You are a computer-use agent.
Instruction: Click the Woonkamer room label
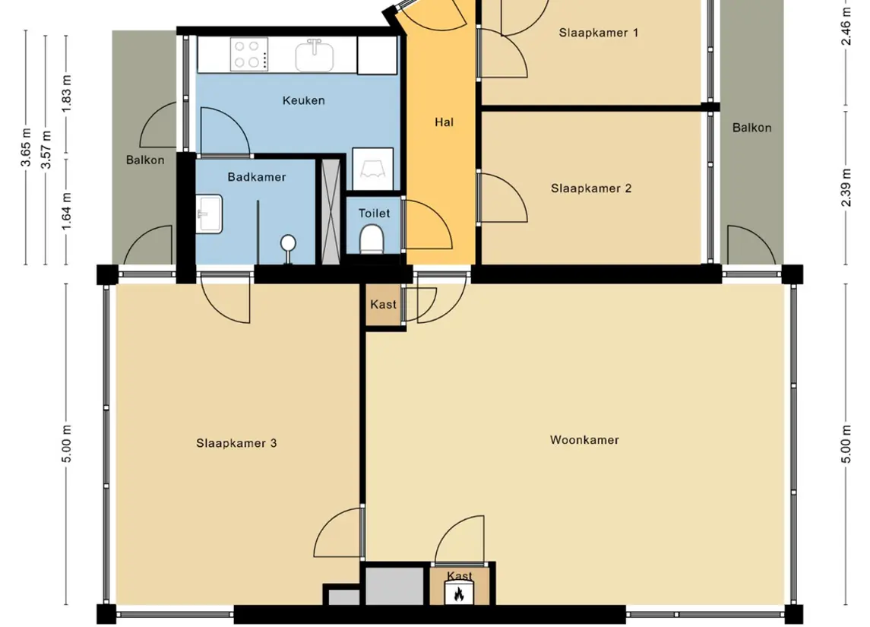point(584,440)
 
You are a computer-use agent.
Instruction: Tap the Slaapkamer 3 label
point(236,443)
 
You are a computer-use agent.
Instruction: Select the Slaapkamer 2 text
point(591,188)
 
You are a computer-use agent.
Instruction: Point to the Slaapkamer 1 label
point(598,33)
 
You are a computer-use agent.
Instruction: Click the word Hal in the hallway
point(444,122)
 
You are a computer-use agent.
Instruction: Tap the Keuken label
point(303,100)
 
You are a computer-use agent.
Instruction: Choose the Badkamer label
point(256,177)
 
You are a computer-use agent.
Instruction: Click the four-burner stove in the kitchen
point(250,55)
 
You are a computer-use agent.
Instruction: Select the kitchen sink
point(315,55)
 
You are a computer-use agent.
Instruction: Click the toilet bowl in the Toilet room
point(372,239)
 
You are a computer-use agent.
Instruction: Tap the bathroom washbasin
point(210,214)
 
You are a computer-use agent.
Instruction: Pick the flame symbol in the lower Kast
point(459,594)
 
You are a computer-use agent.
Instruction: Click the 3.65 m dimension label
point(26,147)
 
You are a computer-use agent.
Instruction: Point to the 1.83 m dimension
point(67,93)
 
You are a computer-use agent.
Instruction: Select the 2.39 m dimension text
point(846,187)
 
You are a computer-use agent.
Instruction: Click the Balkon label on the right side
point(751,128)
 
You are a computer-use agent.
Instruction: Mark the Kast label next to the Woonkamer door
point(384,304)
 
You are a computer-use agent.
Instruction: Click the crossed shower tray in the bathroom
point(331,212)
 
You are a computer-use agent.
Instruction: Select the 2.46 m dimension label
point(846,26)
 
